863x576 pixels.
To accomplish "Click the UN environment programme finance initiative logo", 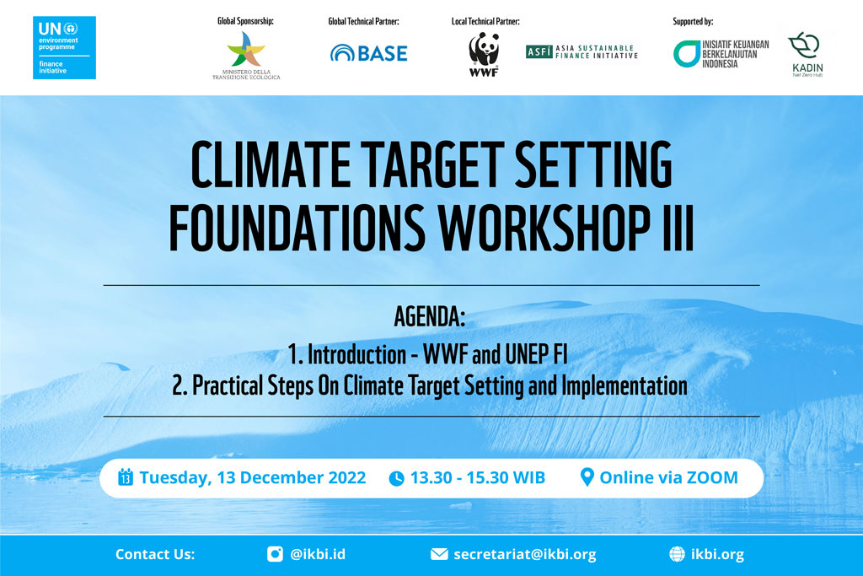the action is tap(64, 47).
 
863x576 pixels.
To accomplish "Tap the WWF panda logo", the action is tap(484, 55).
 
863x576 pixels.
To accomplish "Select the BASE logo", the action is tap(369, 53).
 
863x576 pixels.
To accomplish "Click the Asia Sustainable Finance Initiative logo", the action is tap(582, 51).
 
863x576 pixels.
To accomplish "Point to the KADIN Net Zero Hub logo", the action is tap(806, 54).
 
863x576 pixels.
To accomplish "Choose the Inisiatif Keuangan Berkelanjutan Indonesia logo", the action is tap(721, 54).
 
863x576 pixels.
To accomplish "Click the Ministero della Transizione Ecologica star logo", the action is tap(246, 55).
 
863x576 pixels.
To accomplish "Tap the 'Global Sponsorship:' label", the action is tap(245, 21).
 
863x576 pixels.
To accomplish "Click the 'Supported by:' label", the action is tap(693, 21).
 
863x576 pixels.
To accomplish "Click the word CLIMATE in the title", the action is tap(271, 164).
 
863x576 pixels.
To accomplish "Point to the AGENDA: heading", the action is tap(430, 316).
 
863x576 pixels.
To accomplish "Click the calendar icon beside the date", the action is tap(126, 476).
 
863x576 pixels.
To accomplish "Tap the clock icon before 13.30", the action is tap(396, 478).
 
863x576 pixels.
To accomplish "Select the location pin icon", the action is tap(587, 477).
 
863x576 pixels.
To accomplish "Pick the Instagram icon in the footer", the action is tap(275, 554).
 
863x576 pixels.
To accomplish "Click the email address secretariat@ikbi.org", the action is tap(525, 555).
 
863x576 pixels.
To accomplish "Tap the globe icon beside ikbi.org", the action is tap(677, 554).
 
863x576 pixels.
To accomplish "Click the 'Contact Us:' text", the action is tap(155, 554).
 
